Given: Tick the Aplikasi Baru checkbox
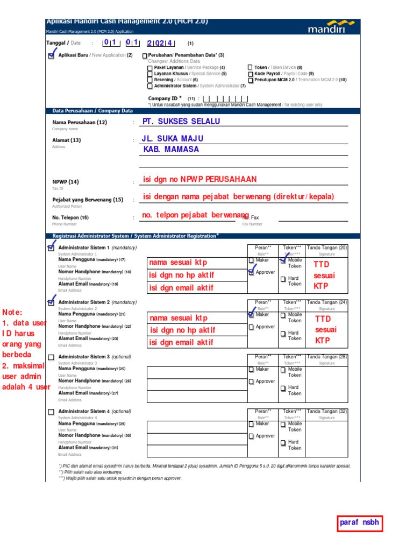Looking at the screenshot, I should (51, 55).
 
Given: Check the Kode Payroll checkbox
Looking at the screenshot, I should (250, 74).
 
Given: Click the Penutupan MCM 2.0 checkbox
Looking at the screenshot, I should (250, 80).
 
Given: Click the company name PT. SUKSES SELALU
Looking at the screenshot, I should (181, 122).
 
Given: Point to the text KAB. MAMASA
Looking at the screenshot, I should (171, 150).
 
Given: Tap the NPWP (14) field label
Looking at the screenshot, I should (66, 182).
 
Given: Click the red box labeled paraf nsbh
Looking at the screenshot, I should (359, 522).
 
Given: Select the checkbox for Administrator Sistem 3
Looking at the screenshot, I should (51, 357).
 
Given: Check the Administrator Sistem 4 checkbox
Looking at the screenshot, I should (51, 412).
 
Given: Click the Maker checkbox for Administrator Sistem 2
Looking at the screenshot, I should (251, 315).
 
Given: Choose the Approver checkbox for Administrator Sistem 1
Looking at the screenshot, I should (251, 273).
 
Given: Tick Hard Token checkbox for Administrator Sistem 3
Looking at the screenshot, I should (283, 388).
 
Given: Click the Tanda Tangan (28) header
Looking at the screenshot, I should (327, 357).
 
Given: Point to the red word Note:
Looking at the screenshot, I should (13, 313).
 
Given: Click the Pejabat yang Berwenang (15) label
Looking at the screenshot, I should (88, 200).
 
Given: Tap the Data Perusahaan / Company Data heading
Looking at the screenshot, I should (92, 111).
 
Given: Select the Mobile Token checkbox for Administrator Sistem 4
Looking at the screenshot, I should (283, 424).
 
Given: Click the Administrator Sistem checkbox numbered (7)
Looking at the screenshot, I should (149, 86).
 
